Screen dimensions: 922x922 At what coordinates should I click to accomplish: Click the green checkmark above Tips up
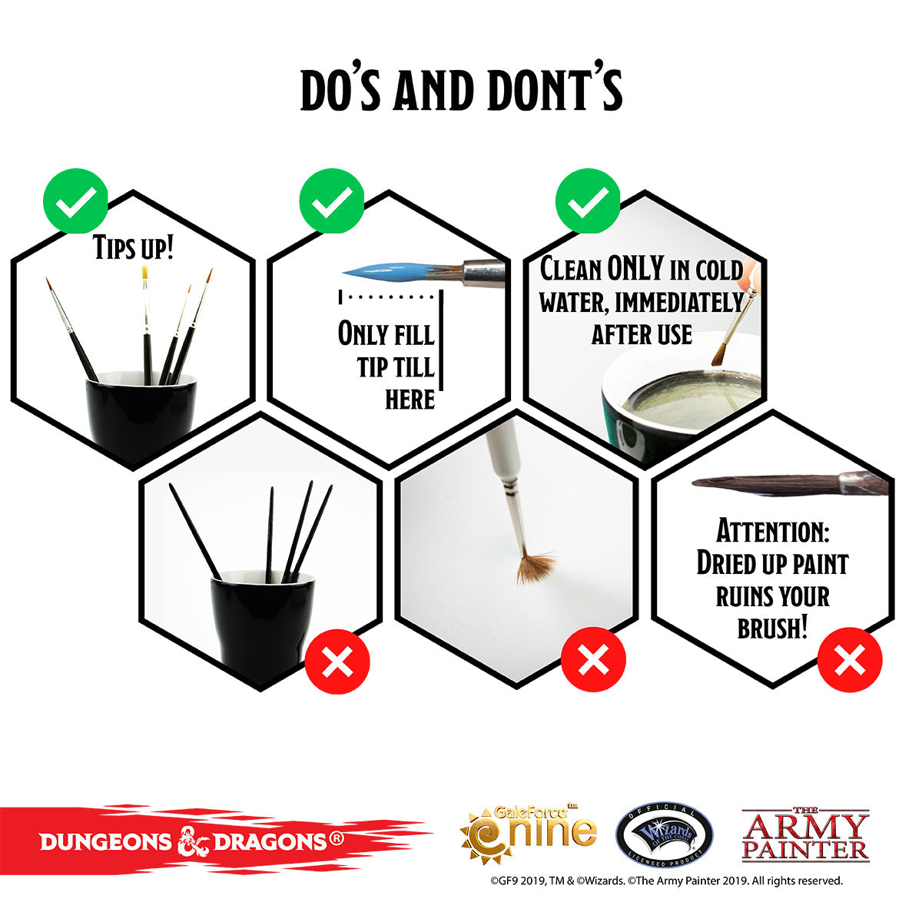click(x=75, y=201)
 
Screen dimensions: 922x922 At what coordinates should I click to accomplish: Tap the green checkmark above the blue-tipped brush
click(x=332, y=201)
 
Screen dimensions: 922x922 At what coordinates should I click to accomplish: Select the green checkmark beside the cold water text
click(x=588, y=201)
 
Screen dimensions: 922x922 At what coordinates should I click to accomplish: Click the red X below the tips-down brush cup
click(x=337, y=662)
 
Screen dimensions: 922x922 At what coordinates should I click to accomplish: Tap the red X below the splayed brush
click(x=593, y=659)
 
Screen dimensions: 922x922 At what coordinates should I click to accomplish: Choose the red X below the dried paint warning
click(x=850, y=659)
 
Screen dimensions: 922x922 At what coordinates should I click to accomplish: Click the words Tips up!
click(x=133, y=247)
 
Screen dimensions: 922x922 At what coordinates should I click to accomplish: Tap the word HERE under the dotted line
click(x=410, y=400)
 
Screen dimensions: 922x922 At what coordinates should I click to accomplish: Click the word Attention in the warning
click(x=773, y=531)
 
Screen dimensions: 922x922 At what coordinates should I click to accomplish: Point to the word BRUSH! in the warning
click(x=773, y=628)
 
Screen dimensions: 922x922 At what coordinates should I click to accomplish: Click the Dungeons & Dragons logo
click(x=191, y=841)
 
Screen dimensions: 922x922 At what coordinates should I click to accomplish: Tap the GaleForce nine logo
click(x=529, y=834)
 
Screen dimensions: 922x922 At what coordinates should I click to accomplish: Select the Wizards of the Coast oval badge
click(x=664, y=835)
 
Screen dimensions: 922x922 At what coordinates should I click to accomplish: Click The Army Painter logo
click(x=805, y=835)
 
